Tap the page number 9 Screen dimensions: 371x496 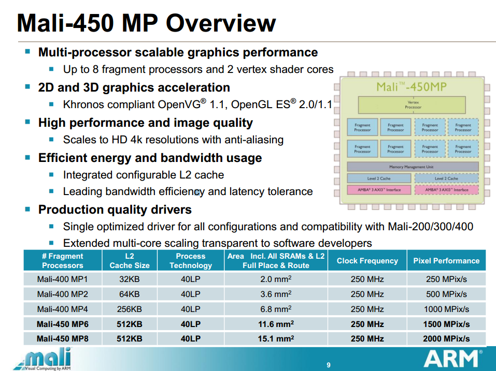[329, 365]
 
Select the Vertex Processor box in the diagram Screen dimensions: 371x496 [413, 105]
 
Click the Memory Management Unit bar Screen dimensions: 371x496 [413, 167]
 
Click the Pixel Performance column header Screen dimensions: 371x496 [446, 261]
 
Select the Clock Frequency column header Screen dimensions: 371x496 [367, 261]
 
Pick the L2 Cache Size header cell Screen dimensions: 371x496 [130, 261]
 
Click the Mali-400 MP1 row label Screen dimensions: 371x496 [62, 279]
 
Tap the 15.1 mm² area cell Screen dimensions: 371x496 [276, 339]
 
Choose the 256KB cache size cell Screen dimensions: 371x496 [130, 309]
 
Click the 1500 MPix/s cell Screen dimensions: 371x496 [446, 324]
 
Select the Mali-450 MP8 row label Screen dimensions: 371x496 [62, 339]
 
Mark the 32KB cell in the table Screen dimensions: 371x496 [130, 279]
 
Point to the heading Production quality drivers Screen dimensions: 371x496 [115, 210]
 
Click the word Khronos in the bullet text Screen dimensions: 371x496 [84, 105]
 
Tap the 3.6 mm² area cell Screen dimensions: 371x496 [276, 294]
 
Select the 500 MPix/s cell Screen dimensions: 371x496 [446, 294]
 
